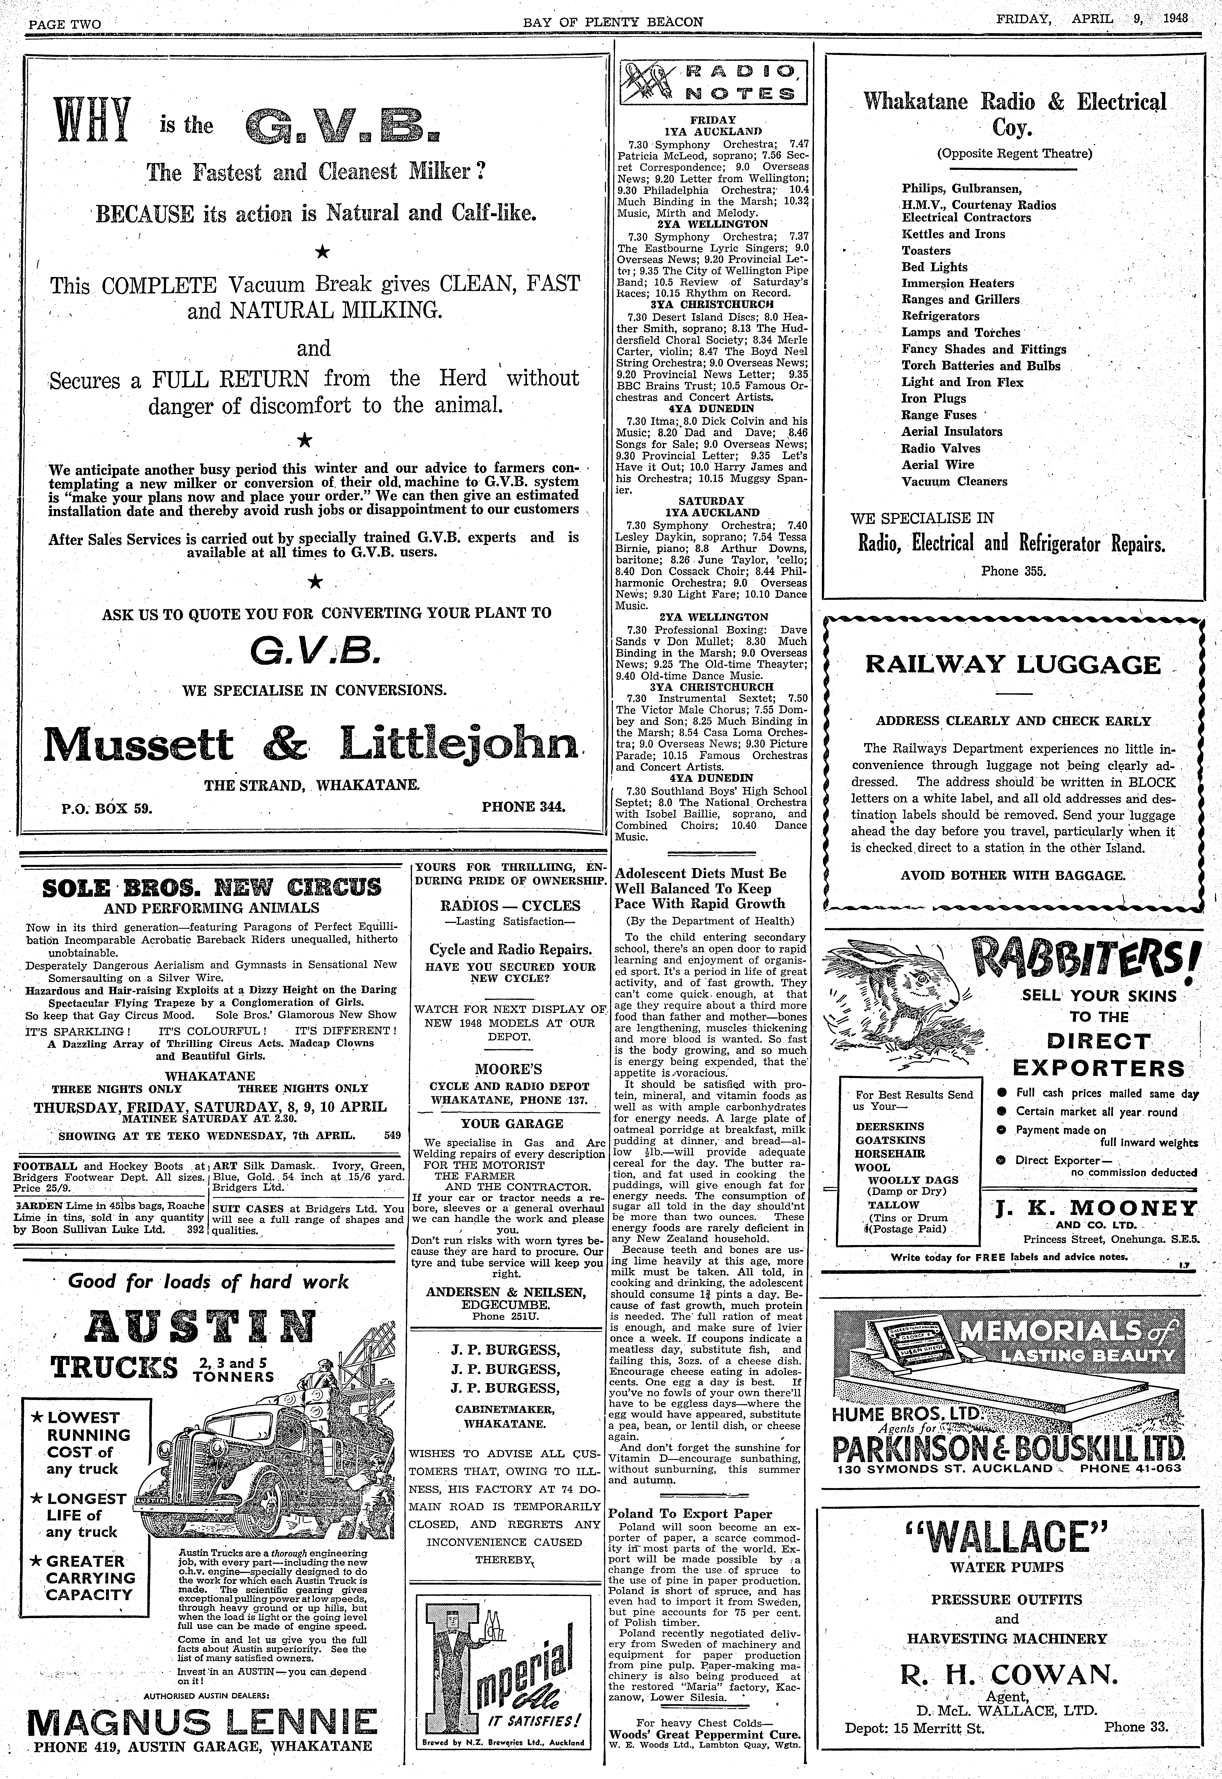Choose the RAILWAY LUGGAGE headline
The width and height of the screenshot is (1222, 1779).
tap(1012, 664)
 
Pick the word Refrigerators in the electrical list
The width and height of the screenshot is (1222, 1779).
tap(940, 316)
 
